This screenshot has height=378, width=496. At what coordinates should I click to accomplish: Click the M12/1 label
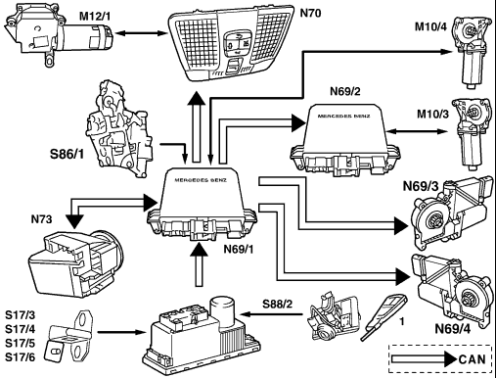click(x=95, y=16)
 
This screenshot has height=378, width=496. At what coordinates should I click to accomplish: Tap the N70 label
click(x=310, y=13)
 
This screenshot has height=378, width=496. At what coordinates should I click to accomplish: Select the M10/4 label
click(x=430, y=26)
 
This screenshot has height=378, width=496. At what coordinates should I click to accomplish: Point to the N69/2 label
click(x=345, y=91)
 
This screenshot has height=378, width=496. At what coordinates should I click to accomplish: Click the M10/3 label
click(x=432, y=114)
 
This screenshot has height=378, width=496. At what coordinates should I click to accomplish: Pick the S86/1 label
click(x=67, y=154)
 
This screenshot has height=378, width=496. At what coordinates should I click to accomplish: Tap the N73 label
click(x=41, y=219)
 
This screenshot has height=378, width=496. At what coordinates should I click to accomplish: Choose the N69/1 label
click(x=239, y=249)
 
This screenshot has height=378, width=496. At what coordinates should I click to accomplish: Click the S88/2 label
click(x=278, y=305)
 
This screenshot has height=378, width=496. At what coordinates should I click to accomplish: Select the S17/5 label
click(x=21, y=344)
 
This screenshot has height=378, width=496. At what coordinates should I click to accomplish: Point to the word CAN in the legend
click(x=472, y=359)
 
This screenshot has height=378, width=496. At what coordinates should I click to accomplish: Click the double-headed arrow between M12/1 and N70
click(x=141, y=33)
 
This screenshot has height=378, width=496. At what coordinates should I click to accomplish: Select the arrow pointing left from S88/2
click(x=272, y=314)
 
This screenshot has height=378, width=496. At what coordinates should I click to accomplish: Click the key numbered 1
click(x=383, y=316)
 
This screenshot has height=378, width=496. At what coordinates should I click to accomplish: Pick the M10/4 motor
click(x=471, y=51)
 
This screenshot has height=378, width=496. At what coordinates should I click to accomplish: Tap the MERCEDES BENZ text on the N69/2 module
click(x=344, y=116)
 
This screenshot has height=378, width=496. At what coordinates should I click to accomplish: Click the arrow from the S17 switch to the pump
click(x=121, y=332)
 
